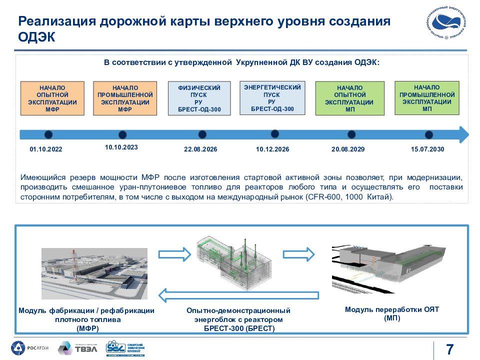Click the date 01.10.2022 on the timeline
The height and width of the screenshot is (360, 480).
coord(46,149)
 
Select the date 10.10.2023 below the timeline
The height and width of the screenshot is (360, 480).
coord(121,147)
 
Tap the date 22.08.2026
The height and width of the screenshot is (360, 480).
coord(200,149)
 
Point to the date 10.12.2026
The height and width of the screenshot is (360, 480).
coord(272,149)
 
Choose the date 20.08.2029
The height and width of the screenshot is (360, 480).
coord(348,149)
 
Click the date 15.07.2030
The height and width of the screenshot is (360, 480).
coord(427,149)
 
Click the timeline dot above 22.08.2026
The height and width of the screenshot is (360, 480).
coord(202,134)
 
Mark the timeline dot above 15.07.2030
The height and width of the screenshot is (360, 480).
coord(428,134)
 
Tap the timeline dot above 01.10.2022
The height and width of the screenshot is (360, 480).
coord(48,134)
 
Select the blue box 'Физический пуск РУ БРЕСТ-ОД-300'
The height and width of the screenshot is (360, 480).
coord(199,98)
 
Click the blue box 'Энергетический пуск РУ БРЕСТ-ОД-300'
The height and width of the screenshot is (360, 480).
coord(272,97)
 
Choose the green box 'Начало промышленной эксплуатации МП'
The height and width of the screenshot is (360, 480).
coord(427,98)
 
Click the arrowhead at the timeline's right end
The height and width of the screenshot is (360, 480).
coord(463,134)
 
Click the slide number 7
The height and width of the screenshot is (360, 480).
coord(449,349)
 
